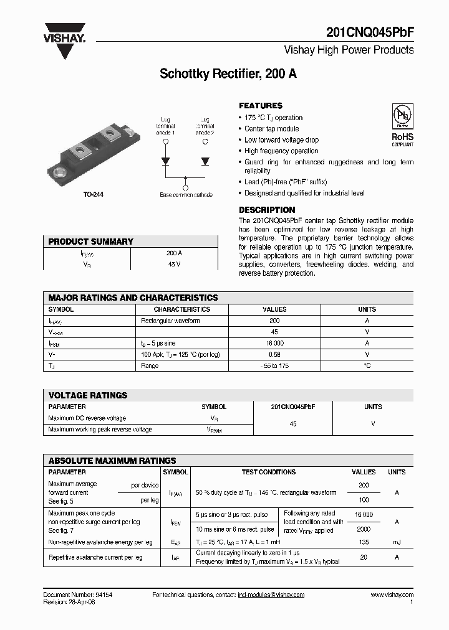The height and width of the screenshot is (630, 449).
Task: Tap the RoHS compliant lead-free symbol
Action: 402,125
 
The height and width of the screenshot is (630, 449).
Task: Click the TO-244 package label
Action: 94,195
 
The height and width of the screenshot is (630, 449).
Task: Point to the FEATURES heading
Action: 261,106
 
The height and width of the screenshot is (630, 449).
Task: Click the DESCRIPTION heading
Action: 267,210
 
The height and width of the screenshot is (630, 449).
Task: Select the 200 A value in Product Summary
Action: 174,253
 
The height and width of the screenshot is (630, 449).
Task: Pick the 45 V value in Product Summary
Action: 174,264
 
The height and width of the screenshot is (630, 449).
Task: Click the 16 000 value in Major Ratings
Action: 274,343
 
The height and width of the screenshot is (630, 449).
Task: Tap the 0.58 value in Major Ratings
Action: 274,354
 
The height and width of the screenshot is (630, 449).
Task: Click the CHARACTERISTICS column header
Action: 182,309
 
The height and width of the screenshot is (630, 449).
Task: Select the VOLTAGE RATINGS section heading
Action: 88,395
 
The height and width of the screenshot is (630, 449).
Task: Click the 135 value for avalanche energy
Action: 364,542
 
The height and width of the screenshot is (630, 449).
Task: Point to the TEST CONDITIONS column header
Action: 269,472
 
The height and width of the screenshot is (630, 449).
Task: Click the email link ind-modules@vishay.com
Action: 271,595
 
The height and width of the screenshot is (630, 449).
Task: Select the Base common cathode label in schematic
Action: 186,195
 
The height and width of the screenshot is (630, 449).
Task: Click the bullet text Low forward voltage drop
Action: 281,140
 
